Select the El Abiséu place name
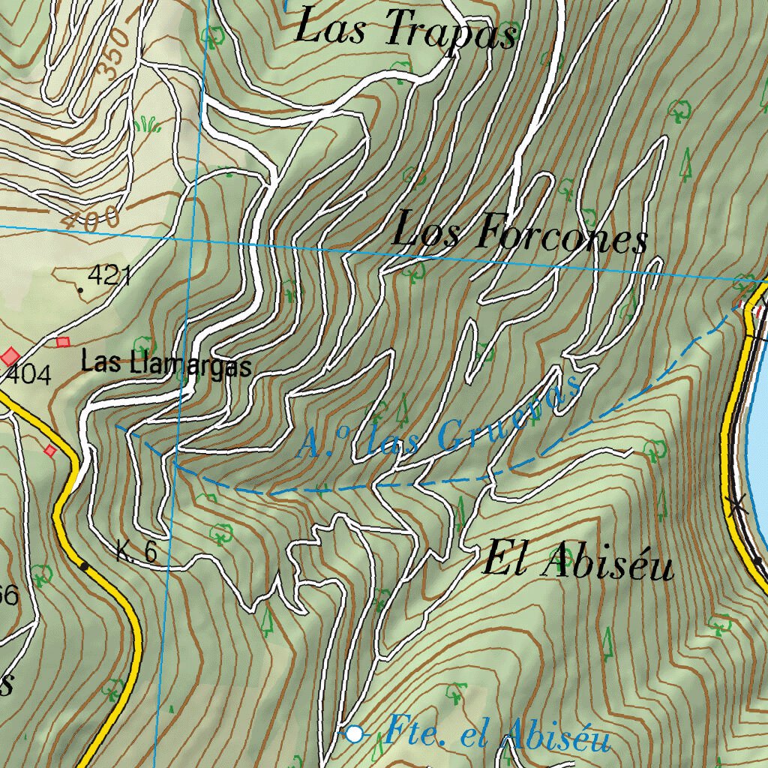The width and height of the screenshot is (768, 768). coord(578,562)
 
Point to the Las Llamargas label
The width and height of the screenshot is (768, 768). coord(166,364)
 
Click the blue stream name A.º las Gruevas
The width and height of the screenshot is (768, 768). coord(441,422)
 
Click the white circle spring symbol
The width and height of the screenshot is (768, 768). coord(354,733)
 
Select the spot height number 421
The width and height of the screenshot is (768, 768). coord(109,276)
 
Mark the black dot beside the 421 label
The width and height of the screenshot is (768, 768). coord(80,289)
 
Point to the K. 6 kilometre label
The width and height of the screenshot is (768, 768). coord(136,553)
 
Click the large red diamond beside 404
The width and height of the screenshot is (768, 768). coord(10,355)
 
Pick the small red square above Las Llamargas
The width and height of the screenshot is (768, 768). coord(62,342)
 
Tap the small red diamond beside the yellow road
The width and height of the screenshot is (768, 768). coord(49,450)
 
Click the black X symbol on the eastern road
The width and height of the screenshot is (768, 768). coord(737,506)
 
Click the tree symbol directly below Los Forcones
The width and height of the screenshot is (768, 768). coord(411,271)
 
